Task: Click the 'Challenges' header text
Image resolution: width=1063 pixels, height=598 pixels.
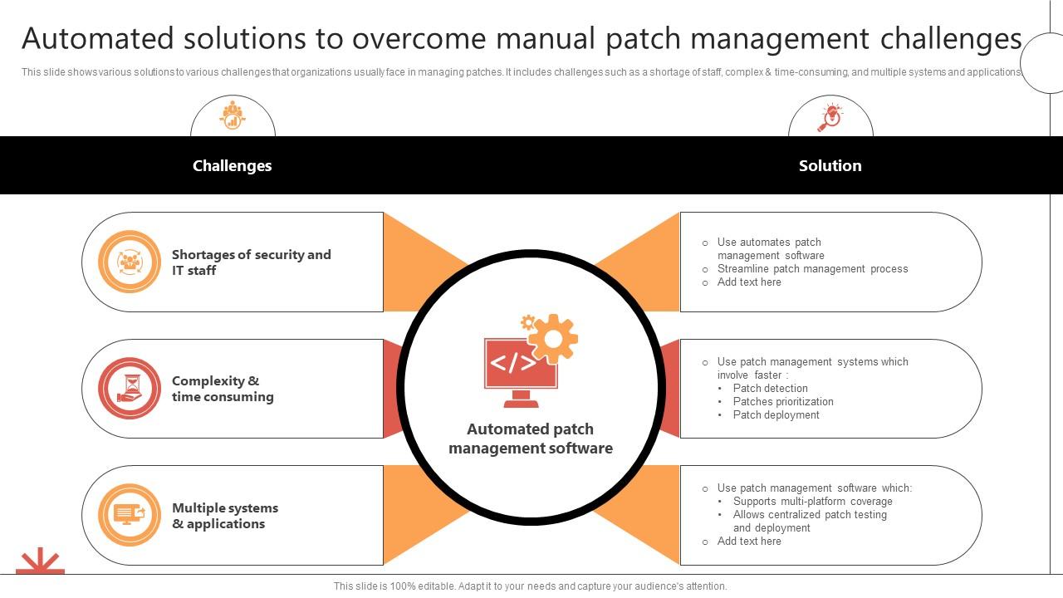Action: point(232,165)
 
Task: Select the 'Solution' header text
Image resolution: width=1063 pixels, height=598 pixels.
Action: point(830,165)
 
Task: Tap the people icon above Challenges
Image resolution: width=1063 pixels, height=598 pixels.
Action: point(232,115)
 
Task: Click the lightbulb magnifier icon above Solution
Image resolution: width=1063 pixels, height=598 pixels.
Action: point(830,117)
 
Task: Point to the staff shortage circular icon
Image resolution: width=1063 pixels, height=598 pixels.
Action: point(130,262)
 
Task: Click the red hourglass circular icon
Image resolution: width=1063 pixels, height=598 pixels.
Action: point(130,388)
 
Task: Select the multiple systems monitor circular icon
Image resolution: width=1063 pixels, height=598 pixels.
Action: point(130,515)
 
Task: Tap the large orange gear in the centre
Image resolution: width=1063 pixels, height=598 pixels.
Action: point(553,339)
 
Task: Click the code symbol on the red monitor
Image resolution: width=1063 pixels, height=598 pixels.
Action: point(513,363)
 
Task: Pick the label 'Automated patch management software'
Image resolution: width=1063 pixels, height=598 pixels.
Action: point(531,439)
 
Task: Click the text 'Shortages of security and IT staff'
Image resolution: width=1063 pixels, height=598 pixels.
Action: point(252,262)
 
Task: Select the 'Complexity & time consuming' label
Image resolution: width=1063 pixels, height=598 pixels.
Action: point(223,389)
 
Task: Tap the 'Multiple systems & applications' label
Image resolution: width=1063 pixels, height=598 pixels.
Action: point(225,516)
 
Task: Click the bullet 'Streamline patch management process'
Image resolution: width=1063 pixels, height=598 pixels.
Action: point(812,268)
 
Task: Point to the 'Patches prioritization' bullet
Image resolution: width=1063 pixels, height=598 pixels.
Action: point(783,401)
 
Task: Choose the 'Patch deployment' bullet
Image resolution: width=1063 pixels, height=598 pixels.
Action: point(776,414)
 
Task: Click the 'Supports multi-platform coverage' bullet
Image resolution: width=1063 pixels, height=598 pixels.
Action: point(812,501)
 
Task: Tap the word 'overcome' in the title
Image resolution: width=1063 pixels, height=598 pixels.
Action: point(419,39)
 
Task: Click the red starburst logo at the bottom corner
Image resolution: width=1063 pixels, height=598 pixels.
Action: point(41,561)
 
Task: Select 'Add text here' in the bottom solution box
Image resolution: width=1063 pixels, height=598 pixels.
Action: point(749,541)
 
